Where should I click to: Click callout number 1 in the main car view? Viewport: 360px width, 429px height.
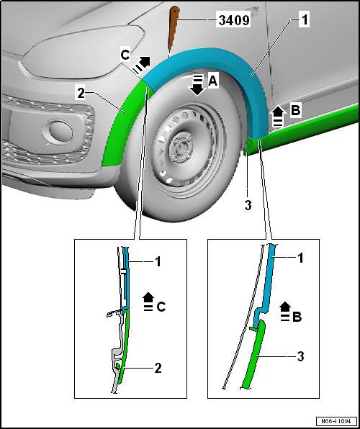click(305, 21)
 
